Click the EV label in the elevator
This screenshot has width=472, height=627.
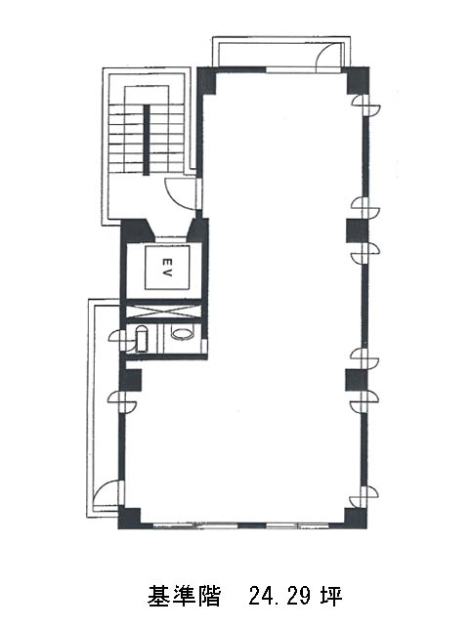pyautogui.click(x=167, y=268)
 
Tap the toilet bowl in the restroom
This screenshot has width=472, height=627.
pyautogui.click(x=183, y=333)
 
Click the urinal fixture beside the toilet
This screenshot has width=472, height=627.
pyautogui.click(x=141, y=340)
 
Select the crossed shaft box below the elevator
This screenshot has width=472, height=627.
pyautogui.click(x=163, y=312)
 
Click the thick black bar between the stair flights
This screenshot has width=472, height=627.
pyautogui.click(x=147, y=140)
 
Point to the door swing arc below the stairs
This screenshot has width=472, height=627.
pyautogui.click(x=181, y=194)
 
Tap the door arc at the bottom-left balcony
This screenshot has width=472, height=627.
pyautogui.click(x=105, y=492)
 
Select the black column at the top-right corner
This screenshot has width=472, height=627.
pyautogui.click(x=358, y=80)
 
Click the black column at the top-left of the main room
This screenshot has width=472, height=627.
pyautogui.click(x=207, y=82)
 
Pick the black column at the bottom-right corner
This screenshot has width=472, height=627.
pyautogui.click(x=356, y=519)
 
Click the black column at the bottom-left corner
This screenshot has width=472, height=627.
pyautogui.click(x=129, y=519)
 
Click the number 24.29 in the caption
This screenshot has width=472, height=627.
pyautogui.click(x=279, y=596)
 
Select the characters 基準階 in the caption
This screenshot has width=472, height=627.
pyautogui.click(x=184, y=596)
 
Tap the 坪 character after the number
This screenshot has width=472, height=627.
pyautogui.click(x=331, y=596)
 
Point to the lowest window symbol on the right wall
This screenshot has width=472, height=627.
pyautogui.click(x=364, y=497)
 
